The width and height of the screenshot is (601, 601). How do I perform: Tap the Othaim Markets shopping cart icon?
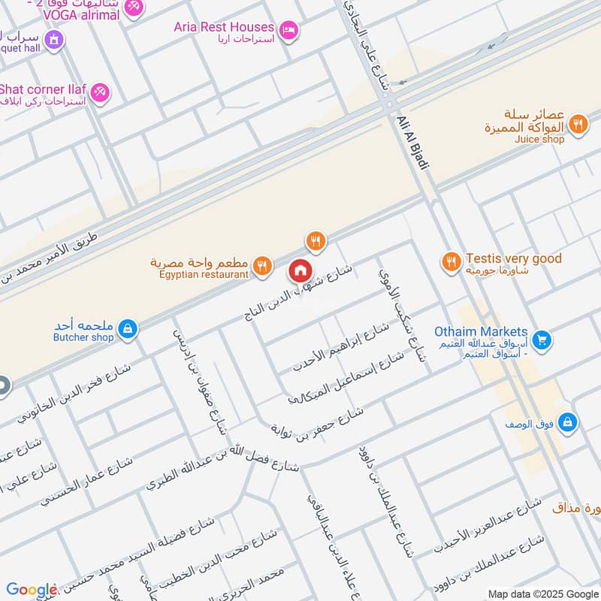(x=542, y=341)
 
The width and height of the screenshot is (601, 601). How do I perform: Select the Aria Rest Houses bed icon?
(x=288, y=30)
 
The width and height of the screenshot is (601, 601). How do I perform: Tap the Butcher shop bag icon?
(x=128, y=328)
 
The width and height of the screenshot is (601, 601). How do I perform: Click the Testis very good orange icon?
(x=451, y=261)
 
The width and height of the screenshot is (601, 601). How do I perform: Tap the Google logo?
(x=32, y=590)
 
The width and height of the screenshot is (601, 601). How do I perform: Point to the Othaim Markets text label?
(x=481, y=332)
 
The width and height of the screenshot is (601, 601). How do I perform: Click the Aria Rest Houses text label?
(x=224, y=27)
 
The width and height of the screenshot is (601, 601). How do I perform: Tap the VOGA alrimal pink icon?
(x=134, y=7)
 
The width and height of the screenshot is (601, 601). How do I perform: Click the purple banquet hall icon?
(x=53, y=39)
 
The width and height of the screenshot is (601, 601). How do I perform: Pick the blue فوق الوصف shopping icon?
(x=569, y=422)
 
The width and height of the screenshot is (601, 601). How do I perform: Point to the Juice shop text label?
(x=539, y=139)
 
